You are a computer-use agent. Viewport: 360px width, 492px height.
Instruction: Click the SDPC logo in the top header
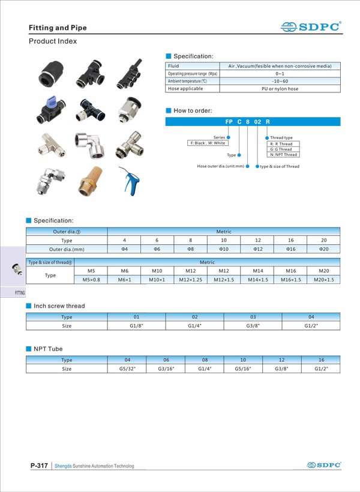(311, 26)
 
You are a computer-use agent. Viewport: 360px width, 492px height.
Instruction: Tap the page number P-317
(39, 466)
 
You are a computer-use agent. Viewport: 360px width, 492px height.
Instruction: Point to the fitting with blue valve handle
(50, 109)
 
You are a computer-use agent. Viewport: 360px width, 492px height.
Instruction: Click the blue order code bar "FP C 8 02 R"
(253, 122)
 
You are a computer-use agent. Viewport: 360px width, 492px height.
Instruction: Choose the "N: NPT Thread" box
(283, 154)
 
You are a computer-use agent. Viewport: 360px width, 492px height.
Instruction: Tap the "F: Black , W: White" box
(207, 143)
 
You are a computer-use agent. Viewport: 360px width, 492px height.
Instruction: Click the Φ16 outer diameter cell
(290, 248)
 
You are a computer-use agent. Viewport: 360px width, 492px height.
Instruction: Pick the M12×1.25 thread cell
(190, 280)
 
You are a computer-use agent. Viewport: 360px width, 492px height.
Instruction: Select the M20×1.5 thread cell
(323, 280)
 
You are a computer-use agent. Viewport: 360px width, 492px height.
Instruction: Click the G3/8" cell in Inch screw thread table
(253, 326)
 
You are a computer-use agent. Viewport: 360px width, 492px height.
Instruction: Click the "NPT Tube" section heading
(48, 349)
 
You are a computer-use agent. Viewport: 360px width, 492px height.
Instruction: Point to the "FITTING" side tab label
(19, 293)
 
